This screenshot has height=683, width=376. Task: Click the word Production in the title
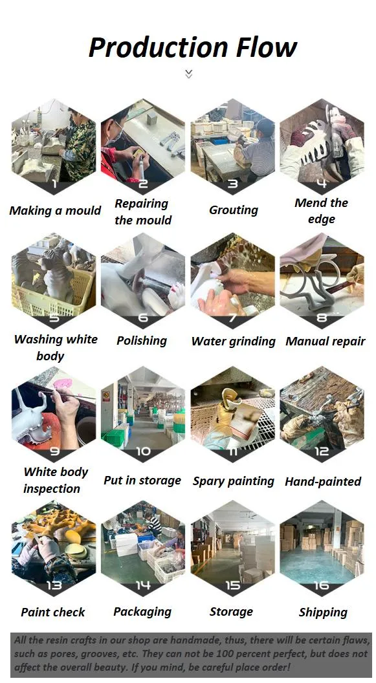(x=157, y=47)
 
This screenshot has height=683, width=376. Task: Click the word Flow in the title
(x=266, y=47)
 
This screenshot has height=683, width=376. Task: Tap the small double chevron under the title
(x=188, y=74)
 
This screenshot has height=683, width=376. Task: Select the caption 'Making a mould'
(x=55, y=210)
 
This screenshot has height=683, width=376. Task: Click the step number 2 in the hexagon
(x=143, y=184)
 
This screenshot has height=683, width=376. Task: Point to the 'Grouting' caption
(x=233, y=210)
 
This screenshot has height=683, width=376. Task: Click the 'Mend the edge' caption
(x=322, y=211)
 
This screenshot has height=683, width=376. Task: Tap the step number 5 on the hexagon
(x=54, y=318)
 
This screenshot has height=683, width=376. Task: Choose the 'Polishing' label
(x=142, y=340)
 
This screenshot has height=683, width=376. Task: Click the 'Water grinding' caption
(x=233, y=341)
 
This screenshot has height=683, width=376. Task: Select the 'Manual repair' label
(x=325, y=341)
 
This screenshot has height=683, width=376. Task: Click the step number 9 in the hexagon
(x=54, y=451)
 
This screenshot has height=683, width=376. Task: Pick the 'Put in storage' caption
(x=142, y=480)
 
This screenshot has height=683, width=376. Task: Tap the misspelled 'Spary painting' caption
(x=233, y=481)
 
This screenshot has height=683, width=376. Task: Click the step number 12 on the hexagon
(x=322, y=451)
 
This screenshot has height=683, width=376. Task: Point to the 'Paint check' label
(x=53, y=612)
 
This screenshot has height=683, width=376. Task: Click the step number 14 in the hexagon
(x=143, y=585)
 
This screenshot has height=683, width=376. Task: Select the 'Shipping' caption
(x=323, y=612)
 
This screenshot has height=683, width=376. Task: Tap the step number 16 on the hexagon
(x=322, y=585)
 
